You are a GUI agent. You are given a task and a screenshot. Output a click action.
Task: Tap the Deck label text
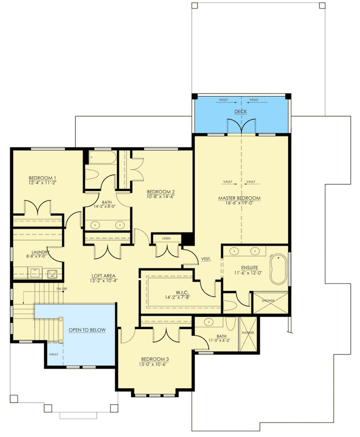(240, 111)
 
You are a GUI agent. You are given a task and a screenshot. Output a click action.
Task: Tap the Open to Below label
(87, 329)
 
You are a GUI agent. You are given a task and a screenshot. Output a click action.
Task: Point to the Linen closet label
(166, 238)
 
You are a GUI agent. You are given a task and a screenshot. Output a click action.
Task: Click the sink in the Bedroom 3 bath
(209, 323)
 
